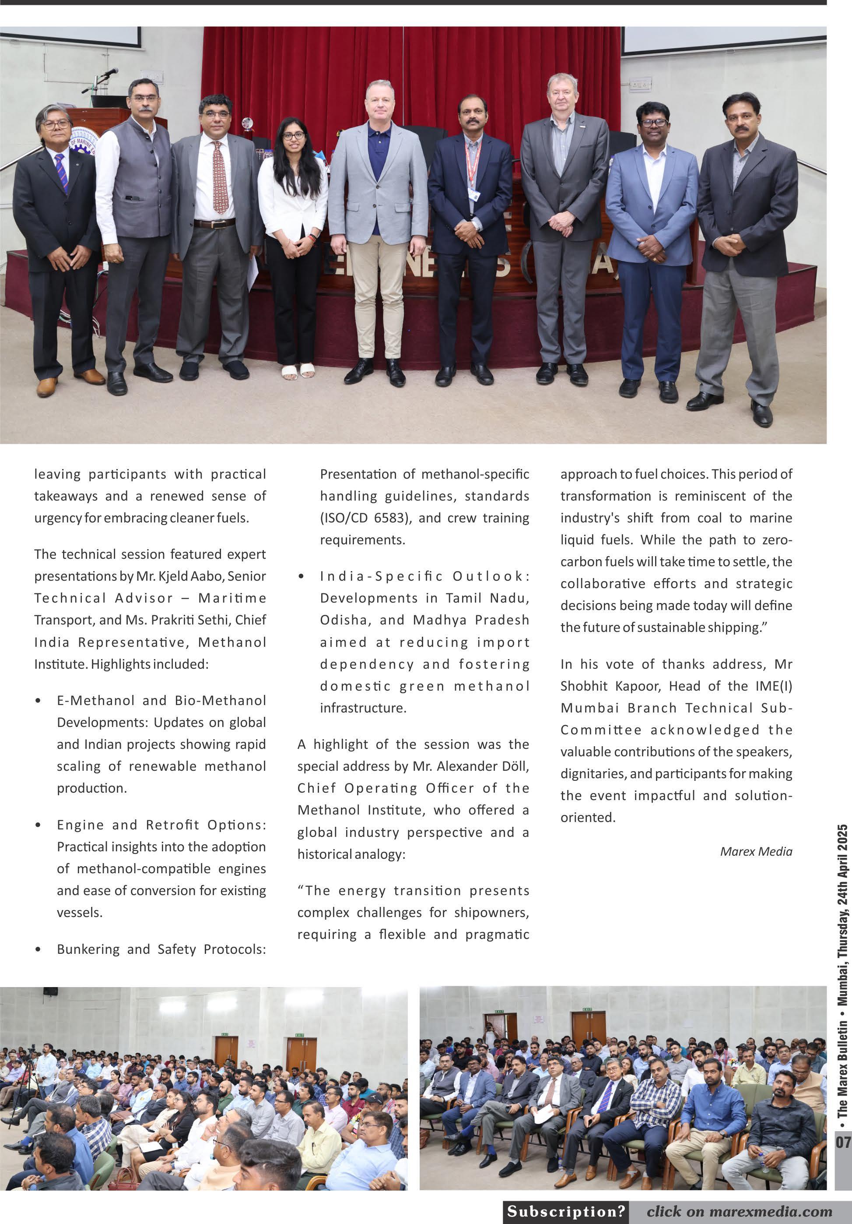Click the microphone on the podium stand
pos(110,73)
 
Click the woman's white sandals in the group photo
pos(298,371)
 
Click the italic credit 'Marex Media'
pos(756,851)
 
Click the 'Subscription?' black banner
pos(565,1211)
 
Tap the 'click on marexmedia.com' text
pos(739,1211)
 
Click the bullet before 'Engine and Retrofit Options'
pos(38,825)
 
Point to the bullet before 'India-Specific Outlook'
pos(302,576)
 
